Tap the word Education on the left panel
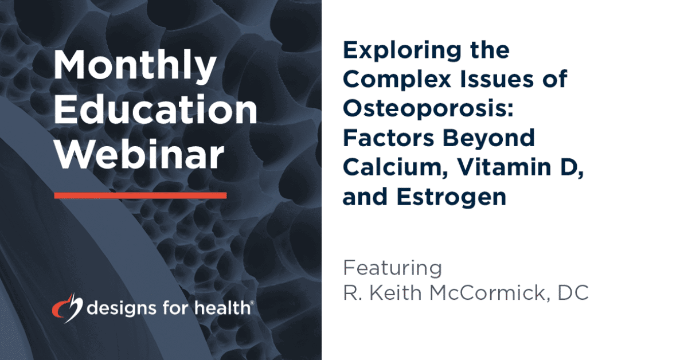point(156,109)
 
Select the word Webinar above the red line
point(139,154)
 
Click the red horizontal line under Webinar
point(140,195)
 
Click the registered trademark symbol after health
point(252,303)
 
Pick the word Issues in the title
point(501,79)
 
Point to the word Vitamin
point(504,167)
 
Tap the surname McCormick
point(487,293)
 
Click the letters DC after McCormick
point(573,293)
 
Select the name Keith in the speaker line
point(396,293)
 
